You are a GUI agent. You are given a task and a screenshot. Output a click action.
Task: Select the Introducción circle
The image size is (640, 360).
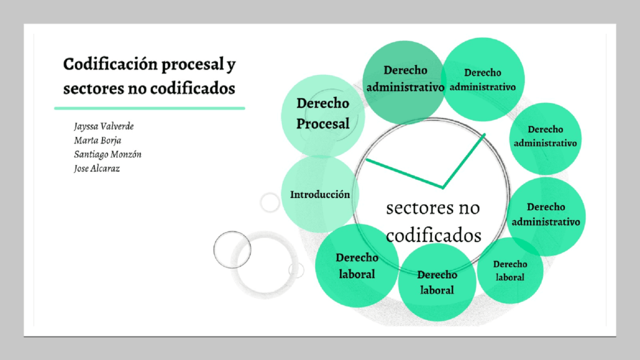320,194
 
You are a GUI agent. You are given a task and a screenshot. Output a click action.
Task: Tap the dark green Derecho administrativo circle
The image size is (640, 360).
404,80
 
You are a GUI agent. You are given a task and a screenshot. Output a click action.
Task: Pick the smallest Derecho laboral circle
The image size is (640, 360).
510,271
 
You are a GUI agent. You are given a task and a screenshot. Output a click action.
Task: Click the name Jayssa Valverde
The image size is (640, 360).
104,126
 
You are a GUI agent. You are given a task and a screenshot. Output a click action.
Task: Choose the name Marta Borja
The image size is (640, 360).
97,140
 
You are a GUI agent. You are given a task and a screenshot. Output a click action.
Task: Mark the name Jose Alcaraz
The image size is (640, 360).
97,168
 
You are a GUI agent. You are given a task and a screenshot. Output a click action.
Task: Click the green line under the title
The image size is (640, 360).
149,108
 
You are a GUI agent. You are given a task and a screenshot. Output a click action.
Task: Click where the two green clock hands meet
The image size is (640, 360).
443,186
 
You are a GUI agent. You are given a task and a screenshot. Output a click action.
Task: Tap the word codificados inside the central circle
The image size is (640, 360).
434,235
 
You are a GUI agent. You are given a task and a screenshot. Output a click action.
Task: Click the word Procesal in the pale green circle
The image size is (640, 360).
323,124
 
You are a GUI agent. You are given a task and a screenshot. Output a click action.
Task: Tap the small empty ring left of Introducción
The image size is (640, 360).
270,202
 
